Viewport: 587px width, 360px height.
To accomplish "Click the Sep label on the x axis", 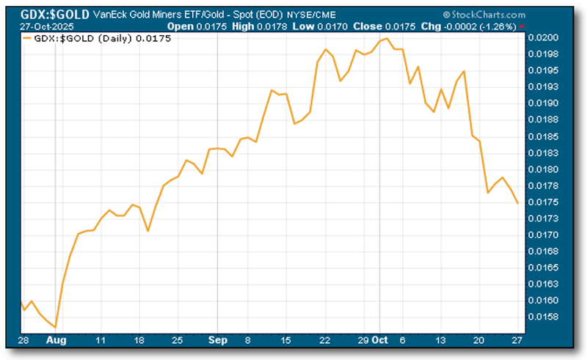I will pyautogui.click(x=217, y=341).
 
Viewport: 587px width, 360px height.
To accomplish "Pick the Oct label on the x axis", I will pyautogui.click(x=380, y=341).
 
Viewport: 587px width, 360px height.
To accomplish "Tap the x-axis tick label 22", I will pyautogui.click(x=324, y=341).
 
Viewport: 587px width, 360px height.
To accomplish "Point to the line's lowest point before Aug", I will pyautogui.click(x=56, y=328).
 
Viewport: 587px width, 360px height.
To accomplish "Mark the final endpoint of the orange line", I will pyautogui.click(x=518, y=203).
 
